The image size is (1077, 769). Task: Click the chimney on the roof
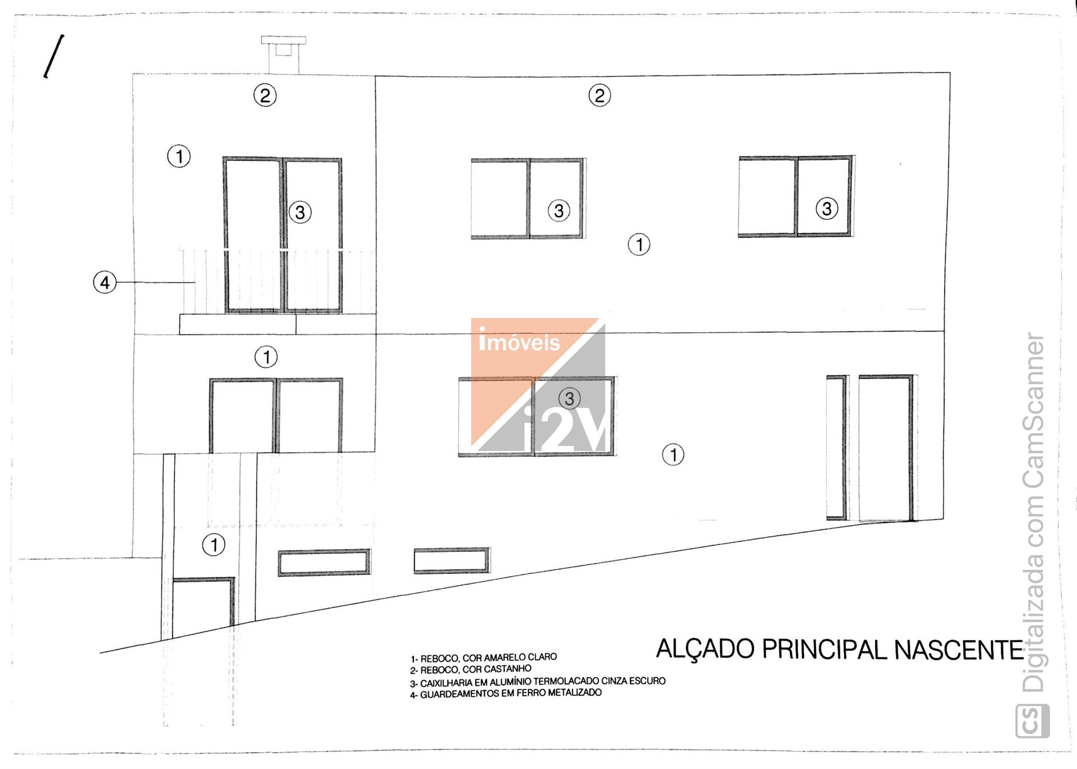pyautogui.click(x=283, y=54)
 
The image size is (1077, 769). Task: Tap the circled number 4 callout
pyautogui.click(x=105, y=282)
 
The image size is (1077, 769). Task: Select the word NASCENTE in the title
pyautogui.click(x=959, y=650)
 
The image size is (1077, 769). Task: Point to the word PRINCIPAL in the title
pyautogui.click(x=824, y=650)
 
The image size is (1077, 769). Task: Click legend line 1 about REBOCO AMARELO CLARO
pyautogui.click(x=484, y=657)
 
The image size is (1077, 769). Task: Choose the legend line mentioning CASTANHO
pyautogui.click(x=471, y=670)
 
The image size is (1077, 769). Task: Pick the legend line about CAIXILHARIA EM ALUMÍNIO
pyautogui.click(x=537, y=682)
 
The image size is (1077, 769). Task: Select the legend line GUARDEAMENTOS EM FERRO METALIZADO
pyautogui.click(x=505, y=694)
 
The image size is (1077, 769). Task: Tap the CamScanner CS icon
pyautogui.click(x=1033, y=721)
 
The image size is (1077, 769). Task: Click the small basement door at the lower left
pyautogui.click(x=202, y=607)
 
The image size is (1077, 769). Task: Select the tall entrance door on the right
pyautogui.click(x=886, y=448)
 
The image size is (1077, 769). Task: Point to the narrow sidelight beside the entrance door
pyautogui.click(x=836, y=448)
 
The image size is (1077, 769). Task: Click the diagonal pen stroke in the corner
pyautogui.click(x=54, y=56)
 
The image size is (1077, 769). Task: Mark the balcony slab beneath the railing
pyautogui.click(x=238, y=324)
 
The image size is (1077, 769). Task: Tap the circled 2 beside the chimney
pyautogui.click(x=265, y=95)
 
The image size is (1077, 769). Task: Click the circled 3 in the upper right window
pyautogui.click(x=826, y=209)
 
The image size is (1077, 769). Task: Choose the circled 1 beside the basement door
pyautogui.click(x=214, y=545)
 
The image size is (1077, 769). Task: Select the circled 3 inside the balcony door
pyautogui.click(x=300, y=213)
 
